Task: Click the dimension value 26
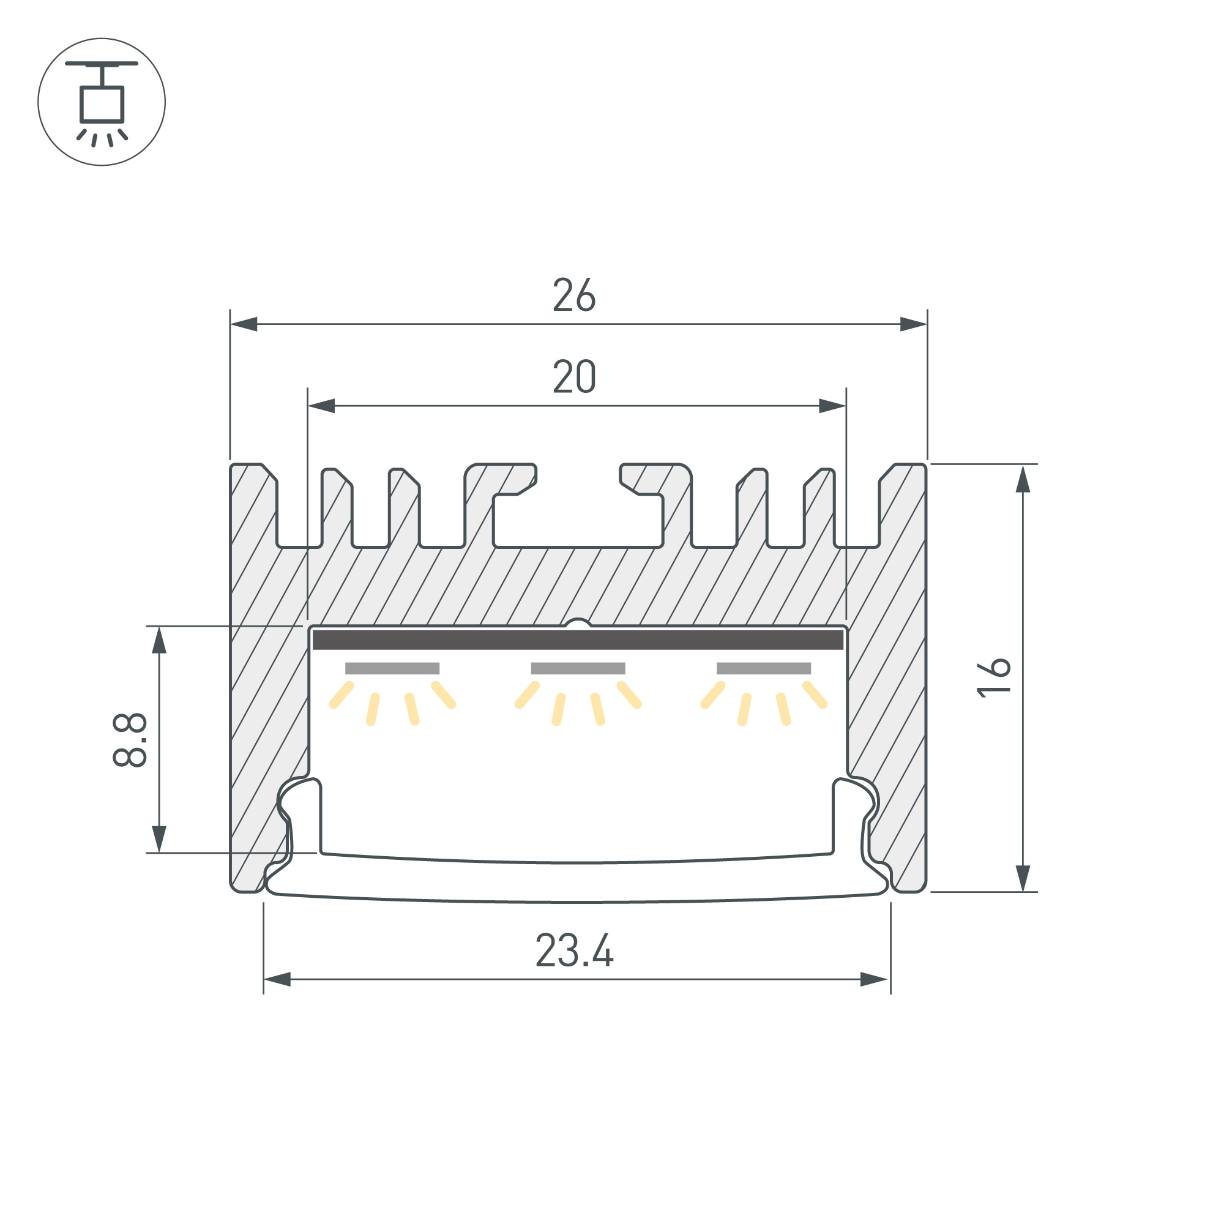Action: [574, 294]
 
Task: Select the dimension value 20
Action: [574, 376]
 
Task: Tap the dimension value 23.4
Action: [574, 950]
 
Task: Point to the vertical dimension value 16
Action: [993, 678]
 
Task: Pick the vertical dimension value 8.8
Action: [130, 740]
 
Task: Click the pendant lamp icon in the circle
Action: [102, 104]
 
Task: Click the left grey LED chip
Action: [392, 668]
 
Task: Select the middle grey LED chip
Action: [578, 668]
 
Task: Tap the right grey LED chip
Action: [763, 668]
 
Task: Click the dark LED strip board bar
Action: [578, 640]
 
